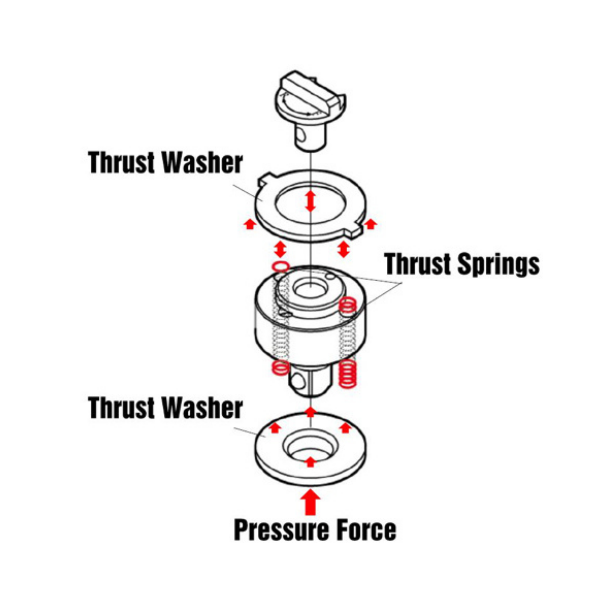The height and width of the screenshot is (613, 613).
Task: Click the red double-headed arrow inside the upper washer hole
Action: [x=310, y=201]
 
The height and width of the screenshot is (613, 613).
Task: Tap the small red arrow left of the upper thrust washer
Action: [x=250, y=224]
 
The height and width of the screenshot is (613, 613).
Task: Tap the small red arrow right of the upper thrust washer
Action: [x=370, y=224]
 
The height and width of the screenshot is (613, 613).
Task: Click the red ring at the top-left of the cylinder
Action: [x=281, y=266]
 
